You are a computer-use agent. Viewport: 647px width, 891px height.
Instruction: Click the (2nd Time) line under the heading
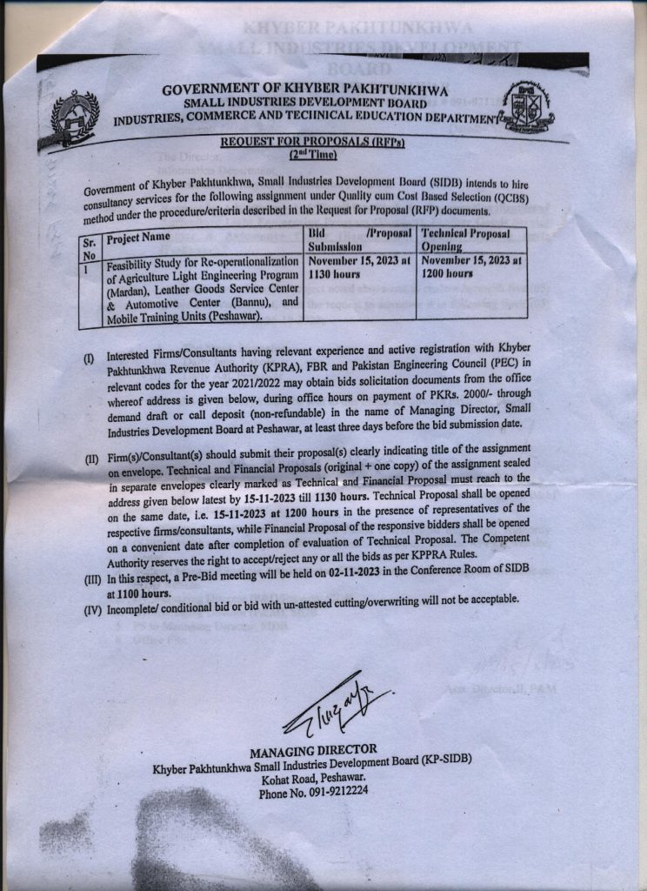[311, 154]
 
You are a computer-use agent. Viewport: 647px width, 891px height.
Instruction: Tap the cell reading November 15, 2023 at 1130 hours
[358, 265]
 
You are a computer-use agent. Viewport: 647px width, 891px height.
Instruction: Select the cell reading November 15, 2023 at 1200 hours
[470, 265]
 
